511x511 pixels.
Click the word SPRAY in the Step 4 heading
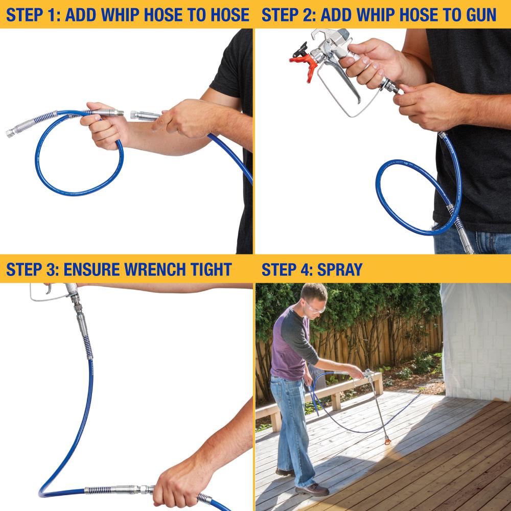(x=339, y=269)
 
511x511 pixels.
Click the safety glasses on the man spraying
(x=315, y=308)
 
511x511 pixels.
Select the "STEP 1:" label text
(x=33, y=15)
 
